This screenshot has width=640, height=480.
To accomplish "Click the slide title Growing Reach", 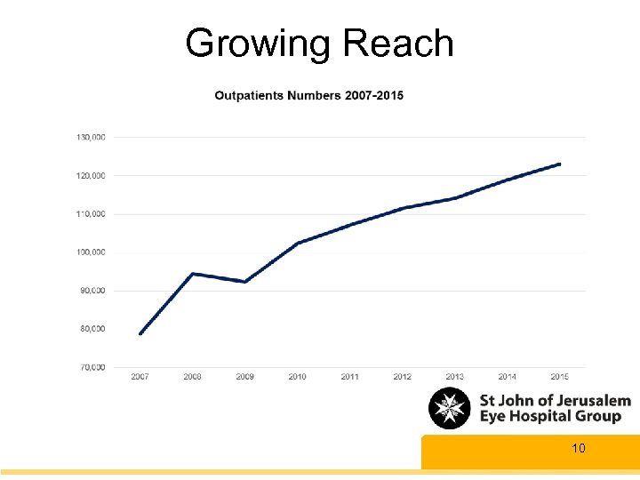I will [319, 44].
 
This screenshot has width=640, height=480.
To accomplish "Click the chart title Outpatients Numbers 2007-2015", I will [308, 95].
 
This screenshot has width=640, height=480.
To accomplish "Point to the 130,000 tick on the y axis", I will [89, 137].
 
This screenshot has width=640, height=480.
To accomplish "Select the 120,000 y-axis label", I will [89, 175].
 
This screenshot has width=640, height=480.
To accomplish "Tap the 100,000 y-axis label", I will [89, 252].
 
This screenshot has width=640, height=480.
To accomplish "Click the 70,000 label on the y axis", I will [91, 367].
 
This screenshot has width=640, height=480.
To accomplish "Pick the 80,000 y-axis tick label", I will [91, 329].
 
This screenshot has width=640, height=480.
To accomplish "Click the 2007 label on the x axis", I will [140, 377].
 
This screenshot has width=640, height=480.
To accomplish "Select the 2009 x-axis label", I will [244, 377].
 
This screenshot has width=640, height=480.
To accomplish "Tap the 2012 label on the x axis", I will [402, 377].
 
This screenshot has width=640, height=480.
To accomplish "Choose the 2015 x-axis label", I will [559, 377].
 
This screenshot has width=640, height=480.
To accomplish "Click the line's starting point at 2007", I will [140, 334].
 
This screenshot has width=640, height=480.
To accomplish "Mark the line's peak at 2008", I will [193, 274].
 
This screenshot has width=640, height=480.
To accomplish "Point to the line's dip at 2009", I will [244, 282].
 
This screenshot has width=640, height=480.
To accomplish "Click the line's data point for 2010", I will [298, 243].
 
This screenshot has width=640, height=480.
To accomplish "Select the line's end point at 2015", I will [560, 164].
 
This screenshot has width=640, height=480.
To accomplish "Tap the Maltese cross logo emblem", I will [450, 409].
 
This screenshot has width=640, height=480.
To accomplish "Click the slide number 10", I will [578, 449].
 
